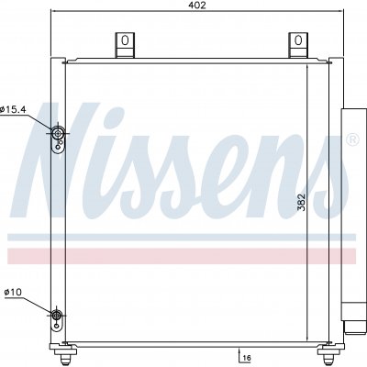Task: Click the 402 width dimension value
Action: coord(197,6)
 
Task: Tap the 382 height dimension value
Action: coord(302,202)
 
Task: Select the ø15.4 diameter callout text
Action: coord(14,109)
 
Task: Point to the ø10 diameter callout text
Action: coord(13,293)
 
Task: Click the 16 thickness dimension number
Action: coord(247,358)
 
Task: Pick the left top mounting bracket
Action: coord(125,45)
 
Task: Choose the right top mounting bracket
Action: coord(298,45)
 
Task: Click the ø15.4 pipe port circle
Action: coord(57,133)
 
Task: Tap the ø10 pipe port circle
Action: coord(56,314)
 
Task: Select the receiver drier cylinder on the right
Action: coord(353,214)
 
